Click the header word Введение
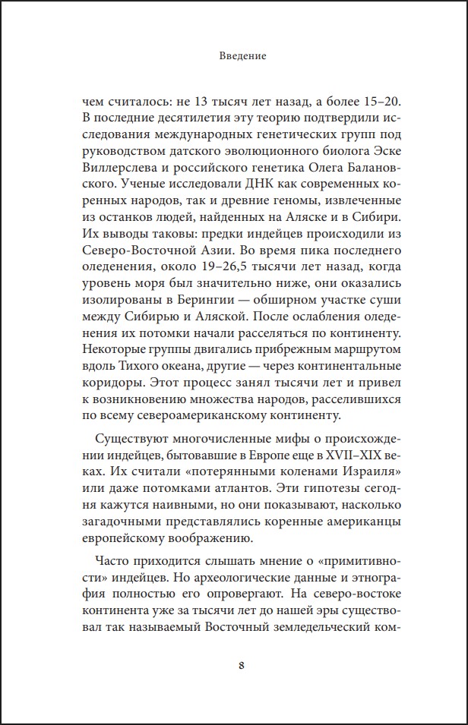(x=234, y=56)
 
